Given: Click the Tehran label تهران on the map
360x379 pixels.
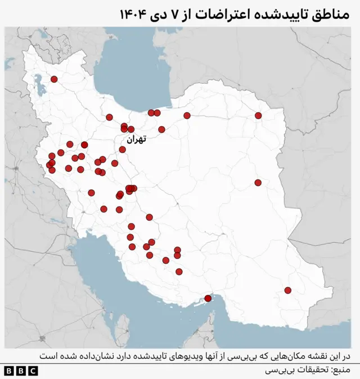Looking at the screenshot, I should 136,139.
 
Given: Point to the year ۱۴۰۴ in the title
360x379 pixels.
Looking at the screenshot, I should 133,13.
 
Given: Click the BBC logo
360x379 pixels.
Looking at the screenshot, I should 20,371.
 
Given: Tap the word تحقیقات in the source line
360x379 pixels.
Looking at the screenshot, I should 309,371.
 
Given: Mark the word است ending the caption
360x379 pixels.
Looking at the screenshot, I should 48,356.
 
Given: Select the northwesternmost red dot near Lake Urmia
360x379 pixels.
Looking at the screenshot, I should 54,79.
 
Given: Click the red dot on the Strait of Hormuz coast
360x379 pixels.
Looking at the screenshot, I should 208,298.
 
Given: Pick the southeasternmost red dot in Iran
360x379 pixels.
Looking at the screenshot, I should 287,291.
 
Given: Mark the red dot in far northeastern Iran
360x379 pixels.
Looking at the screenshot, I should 258,115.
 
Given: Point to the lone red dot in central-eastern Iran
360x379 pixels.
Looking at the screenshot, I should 258,182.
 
